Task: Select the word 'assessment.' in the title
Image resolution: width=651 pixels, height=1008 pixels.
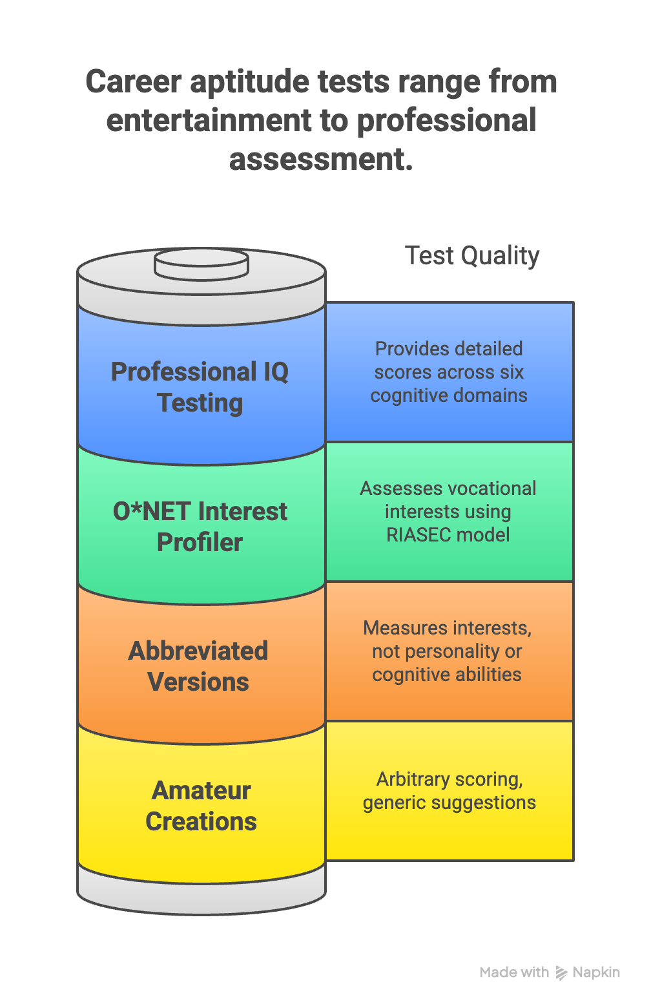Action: coord(321,160)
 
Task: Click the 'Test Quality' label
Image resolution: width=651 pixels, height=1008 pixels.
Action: coord(471,256)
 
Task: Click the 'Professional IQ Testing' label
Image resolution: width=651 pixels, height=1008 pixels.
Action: coord(200,387)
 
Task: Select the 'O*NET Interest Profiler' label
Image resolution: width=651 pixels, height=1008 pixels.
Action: coord(200,527)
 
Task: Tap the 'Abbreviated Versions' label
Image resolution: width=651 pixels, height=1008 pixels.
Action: coord(198,666)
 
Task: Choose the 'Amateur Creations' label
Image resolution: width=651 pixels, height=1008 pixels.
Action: coord(201,806)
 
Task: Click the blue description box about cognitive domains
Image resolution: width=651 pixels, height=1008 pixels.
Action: coord(449,372)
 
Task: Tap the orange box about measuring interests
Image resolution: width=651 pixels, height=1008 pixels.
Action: coord(448,651)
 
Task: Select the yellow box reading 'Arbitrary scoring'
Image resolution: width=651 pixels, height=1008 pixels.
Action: coord(449,791)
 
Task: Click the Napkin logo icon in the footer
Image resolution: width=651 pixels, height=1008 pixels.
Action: coord(561,972)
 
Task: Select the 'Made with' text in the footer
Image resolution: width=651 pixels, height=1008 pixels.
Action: coord(514,972)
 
